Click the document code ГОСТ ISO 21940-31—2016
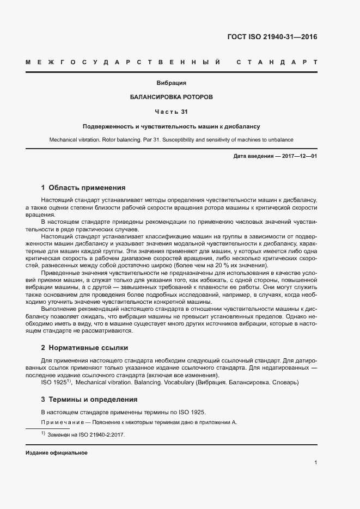pos(272,38)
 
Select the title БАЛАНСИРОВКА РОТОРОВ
pos(172,97)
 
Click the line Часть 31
pos(172,112)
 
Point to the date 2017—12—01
pos(299,156)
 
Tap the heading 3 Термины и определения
pos(89,400)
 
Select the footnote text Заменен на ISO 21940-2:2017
pos(87,435)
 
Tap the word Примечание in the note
pos(59,422)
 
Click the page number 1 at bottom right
pos(316,463)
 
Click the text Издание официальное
pos(57,453)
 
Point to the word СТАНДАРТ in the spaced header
pos(277,62)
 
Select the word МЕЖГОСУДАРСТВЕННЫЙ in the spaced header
pos(123,62)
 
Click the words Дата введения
pos(253,156)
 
